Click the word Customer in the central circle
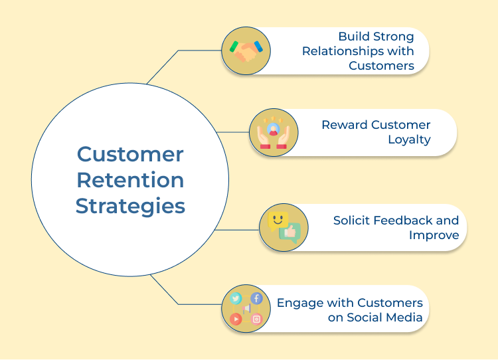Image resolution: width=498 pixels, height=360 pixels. [130, 154]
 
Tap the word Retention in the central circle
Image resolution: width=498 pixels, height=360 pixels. [130, 180]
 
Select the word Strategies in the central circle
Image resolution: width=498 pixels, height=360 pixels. [130, 206]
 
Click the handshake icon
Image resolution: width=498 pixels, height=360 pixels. [246, 51]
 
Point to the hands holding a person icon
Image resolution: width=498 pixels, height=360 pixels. [274, 132]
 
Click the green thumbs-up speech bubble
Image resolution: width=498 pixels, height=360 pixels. [290, 232]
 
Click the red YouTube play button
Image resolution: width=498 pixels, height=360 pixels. [236, 319]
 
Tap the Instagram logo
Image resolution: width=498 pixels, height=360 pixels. [257, 319]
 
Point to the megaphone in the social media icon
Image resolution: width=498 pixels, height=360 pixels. [246, 309]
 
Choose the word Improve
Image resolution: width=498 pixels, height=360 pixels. [433, 235]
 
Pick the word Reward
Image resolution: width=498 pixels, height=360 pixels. [345, 125]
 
